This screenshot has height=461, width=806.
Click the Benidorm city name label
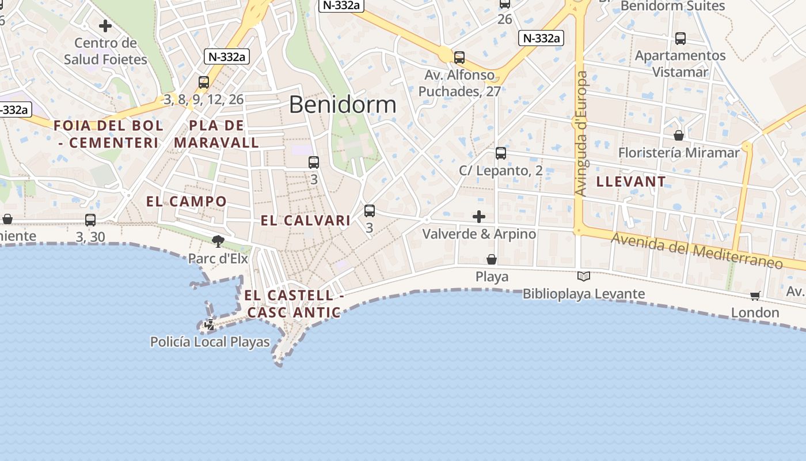tap(343, 105)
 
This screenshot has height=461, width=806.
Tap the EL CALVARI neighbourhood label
tap(306, 220)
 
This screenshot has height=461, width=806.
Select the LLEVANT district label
tap(631, 182)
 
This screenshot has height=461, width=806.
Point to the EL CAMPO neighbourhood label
tap(187, 201)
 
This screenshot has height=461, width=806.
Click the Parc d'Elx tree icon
tap(218, 241)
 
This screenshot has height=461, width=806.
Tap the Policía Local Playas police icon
tap(210, 325)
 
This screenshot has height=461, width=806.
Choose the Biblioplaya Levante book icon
tap(584, 277)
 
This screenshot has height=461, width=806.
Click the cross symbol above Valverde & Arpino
tap(478, 217)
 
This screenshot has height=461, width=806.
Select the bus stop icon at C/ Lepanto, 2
tap(501, 153)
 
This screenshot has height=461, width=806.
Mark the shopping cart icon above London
tap(755, 296)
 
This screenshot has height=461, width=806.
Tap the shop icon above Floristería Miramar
tap(679, 135)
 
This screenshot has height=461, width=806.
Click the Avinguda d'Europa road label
tap(582, 134)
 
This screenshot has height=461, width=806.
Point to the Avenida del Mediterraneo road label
tap(697, 251)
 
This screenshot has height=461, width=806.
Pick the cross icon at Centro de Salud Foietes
tap(105, 26)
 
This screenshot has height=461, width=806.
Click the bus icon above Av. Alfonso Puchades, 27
tap(459, 58)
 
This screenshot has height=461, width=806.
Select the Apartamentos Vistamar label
tap(680, 63)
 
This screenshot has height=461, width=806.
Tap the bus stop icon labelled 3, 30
tap(90, 220)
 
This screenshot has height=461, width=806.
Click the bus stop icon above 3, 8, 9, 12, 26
tap(204, 82)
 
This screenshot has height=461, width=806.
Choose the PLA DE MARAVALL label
tap(216, 134)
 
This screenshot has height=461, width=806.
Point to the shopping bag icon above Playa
tap(492, 259)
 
